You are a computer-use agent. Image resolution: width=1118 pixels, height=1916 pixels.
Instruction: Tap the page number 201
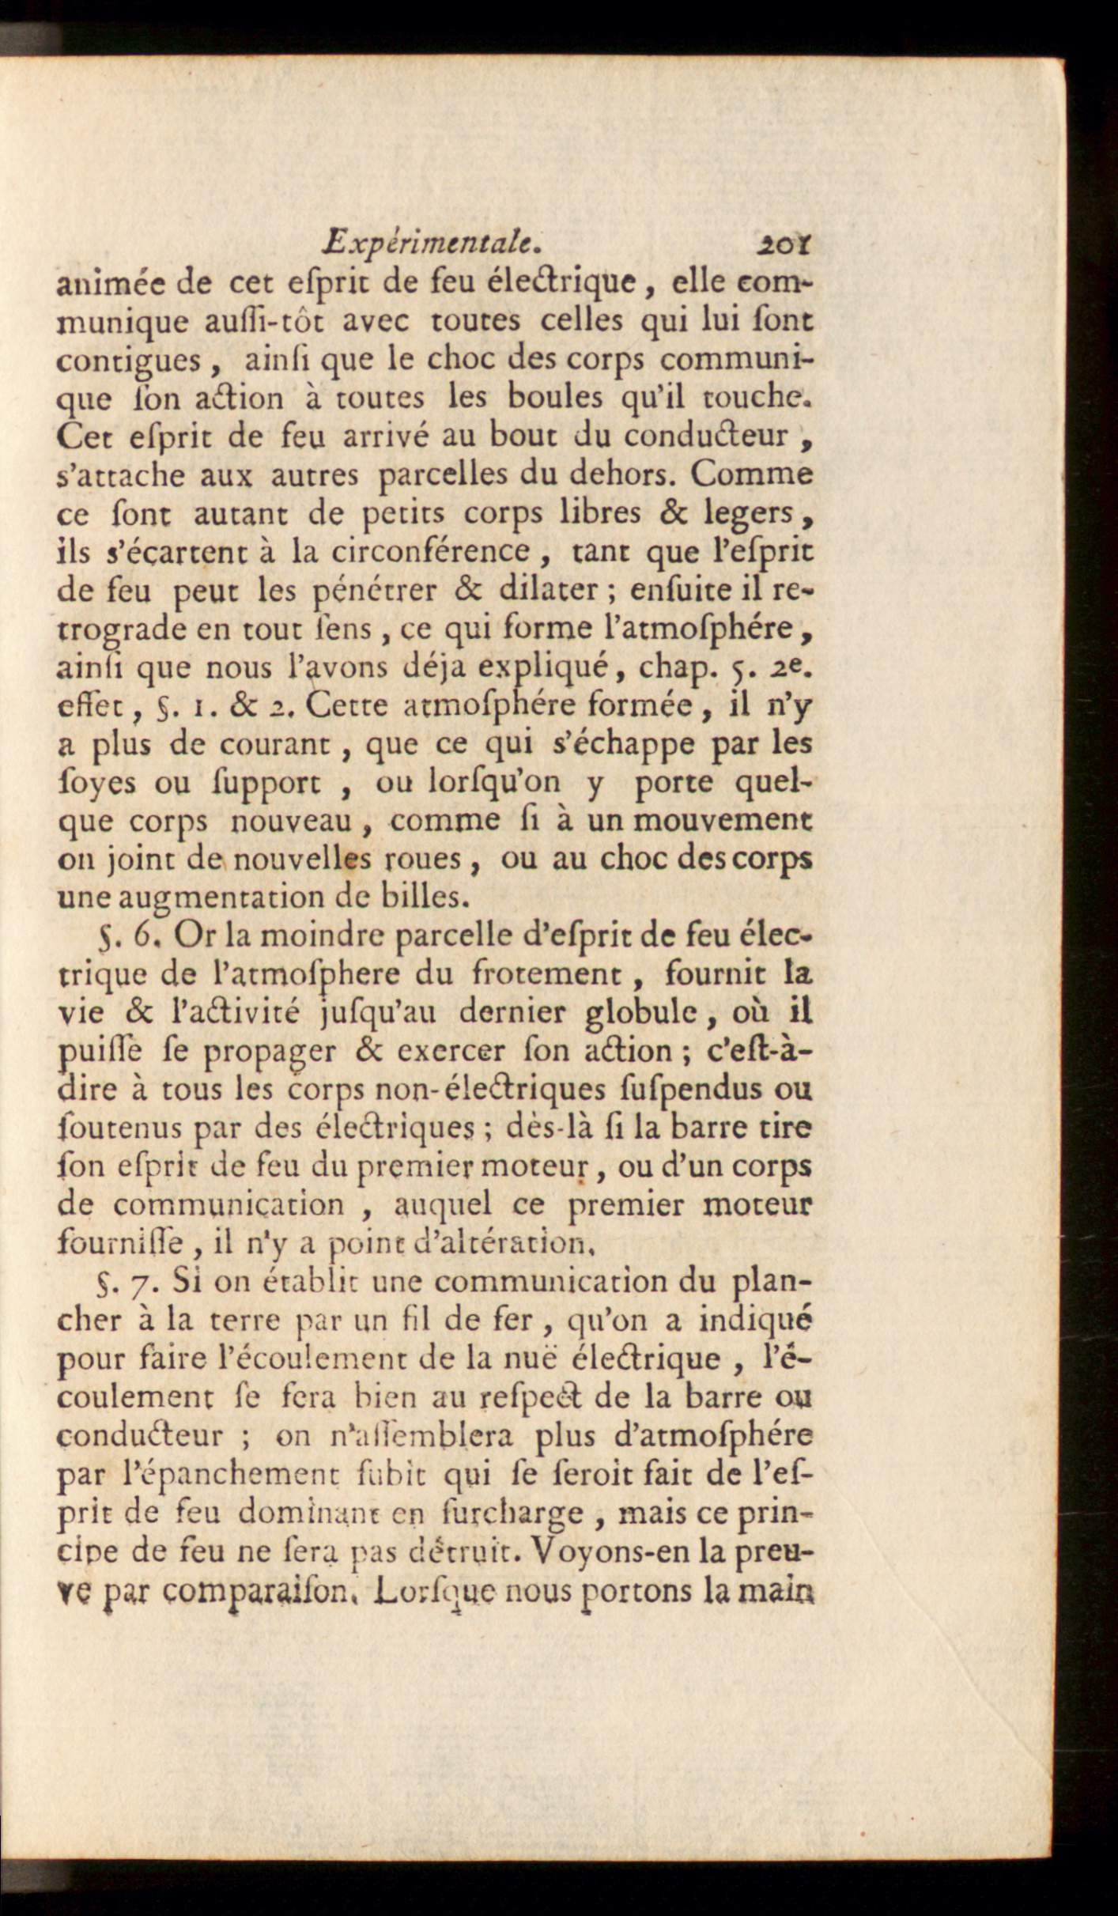click(782, 243)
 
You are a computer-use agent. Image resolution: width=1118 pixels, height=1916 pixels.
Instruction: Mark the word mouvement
click(723, 820)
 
